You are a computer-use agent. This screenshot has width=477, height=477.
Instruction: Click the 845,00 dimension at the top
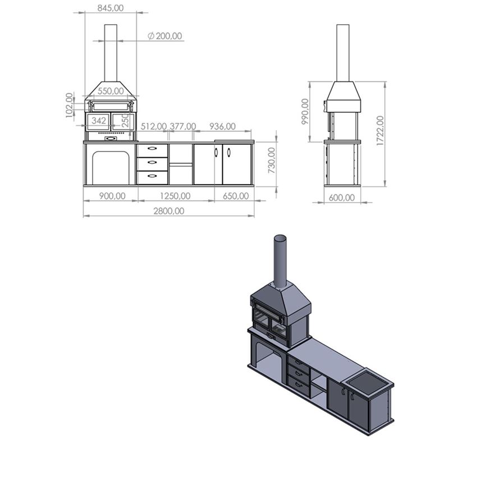click(x=111, y=8)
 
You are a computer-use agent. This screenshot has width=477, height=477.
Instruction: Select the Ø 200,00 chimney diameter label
click(x=165, y=36)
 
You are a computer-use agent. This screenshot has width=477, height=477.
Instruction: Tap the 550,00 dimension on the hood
click(x=111, y=91)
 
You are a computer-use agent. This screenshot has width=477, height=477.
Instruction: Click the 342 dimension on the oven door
click(x=99, y=121)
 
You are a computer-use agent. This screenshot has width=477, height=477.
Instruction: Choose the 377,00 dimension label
click(x=183, y=127)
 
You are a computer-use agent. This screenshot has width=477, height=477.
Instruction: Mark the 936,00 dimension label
click(x=222, y=127)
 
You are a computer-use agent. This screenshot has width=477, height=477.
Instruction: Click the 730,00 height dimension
click(x=272, y=160)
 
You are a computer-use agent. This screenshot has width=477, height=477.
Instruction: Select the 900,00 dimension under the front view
click(x=111, y=196)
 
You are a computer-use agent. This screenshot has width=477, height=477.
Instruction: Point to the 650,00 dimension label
click(x=236, y=196)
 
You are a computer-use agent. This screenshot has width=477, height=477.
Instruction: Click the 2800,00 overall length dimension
click(x=168, y=211)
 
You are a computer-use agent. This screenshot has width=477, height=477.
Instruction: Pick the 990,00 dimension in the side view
click(x=305, y=111)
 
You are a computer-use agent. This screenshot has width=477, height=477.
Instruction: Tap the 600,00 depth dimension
click(x=342, y=197)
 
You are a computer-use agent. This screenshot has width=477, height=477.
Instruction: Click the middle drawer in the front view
click(x=152, y=164)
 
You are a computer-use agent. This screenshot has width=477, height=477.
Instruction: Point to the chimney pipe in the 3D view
click(x=279, y=261)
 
